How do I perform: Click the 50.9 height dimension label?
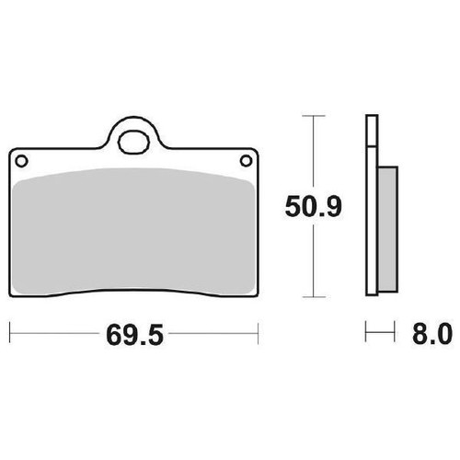[313, 207]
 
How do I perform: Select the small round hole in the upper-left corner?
[21, 161]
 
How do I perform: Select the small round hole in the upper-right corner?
[246, 161]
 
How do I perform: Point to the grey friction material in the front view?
[134, 232]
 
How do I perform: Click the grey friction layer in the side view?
[387, 229]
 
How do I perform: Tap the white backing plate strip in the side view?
[372, 205]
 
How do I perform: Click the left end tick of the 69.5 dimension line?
[10, 333]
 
